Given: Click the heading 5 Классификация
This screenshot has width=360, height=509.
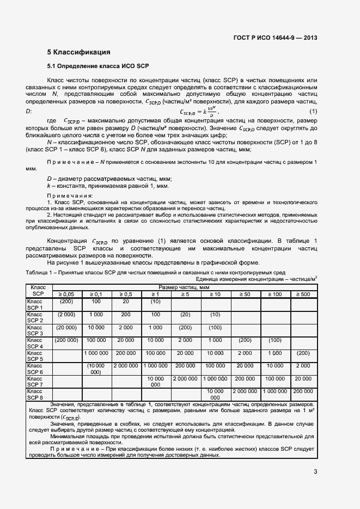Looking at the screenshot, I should point(78,53).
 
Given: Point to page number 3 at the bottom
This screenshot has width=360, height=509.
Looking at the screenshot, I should point(315,471).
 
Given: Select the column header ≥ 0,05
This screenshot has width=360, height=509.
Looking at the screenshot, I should point(66,294).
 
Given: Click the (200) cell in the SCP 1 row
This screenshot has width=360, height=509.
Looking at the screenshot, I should point(66,301).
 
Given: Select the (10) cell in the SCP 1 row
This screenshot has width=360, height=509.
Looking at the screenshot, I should point(155,301).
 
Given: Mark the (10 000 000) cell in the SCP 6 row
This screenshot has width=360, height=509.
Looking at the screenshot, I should point(96,369).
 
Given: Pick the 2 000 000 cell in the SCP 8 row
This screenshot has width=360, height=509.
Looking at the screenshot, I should point(245,391).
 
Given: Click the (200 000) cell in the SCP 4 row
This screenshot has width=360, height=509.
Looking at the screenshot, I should point(66,340).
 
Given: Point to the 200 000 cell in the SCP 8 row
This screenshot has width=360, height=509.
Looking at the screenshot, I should point(303,391).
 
